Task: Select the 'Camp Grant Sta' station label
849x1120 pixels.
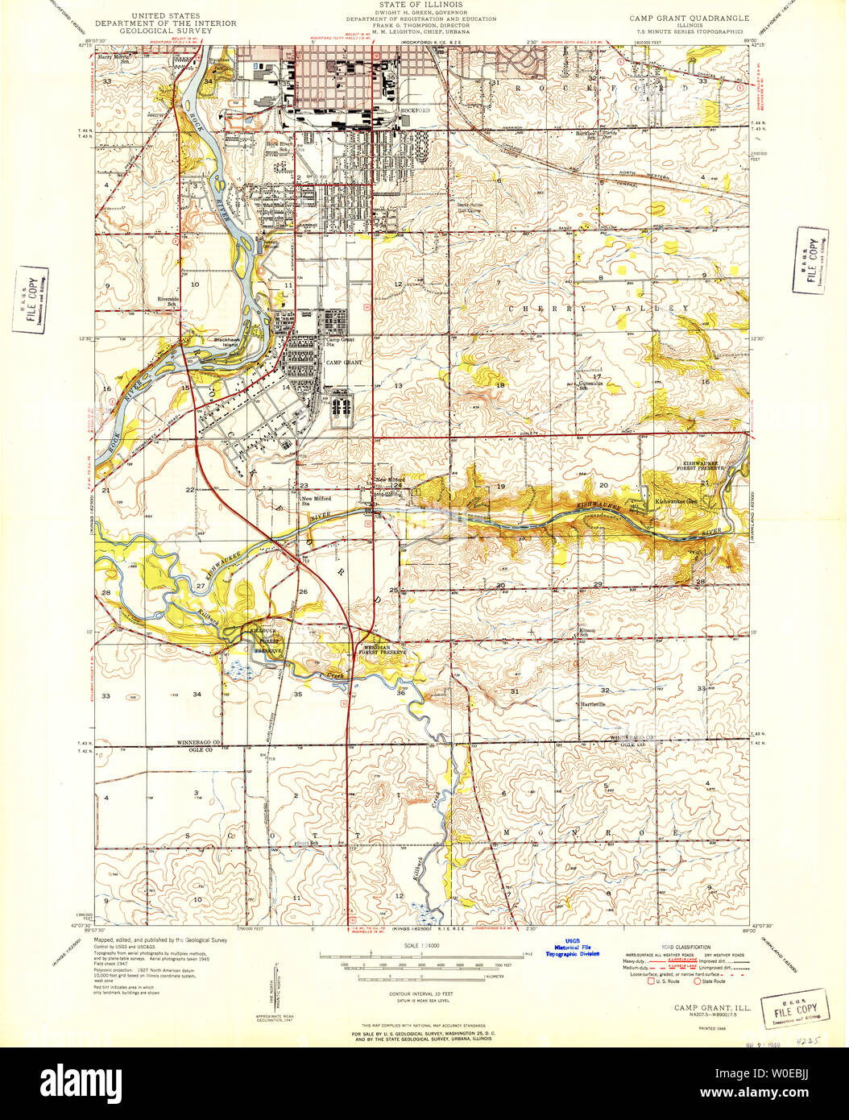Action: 340,342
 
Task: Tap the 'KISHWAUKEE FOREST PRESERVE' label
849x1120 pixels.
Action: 702,468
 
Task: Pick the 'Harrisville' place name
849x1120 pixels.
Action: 592,704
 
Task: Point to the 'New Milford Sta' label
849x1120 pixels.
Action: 317,501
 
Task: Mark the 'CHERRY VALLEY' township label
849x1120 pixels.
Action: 598,309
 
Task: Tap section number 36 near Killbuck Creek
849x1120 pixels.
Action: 400,693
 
